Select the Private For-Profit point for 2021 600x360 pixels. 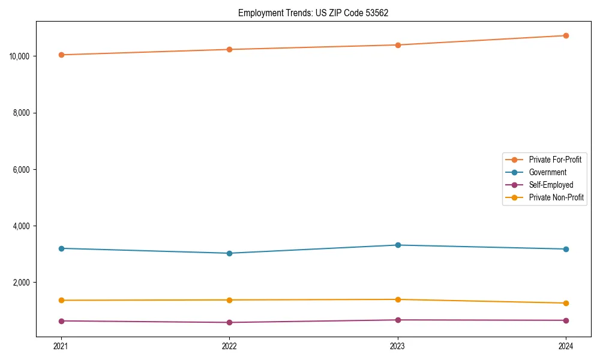[61, 55]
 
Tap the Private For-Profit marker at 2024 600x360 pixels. [566, 35]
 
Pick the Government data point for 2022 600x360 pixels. [229, 253]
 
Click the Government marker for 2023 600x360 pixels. [398, 245]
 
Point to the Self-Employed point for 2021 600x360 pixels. [61, 321]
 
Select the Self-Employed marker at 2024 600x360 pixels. [566, 320]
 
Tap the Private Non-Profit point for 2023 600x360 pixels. [398, 299]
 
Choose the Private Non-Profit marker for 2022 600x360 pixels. [229, 300]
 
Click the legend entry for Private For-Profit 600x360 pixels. [554, 160]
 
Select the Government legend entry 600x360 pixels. [547, 172]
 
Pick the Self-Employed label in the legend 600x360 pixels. [551, 185]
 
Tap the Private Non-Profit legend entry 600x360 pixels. [556, 197]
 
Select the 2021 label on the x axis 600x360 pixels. [61, 346]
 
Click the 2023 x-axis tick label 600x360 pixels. [398, 346]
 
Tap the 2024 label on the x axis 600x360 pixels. [566, 346]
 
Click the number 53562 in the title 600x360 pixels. [376, 13]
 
